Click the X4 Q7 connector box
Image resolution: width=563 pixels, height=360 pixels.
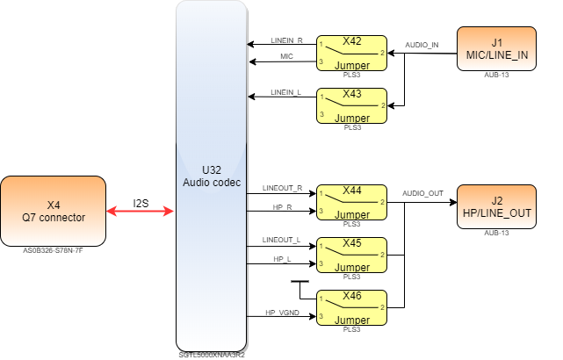(x=53, y=211)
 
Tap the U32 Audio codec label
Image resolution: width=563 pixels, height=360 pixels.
(x=211, y=176)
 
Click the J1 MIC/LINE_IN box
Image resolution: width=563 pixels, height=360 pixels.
(x=497, y=48)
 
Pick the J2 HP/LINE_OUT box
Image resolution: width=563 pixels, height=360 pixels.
(x=497, y=206)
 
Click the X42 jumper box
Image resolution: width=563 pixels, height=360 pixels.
(x=351, y=54)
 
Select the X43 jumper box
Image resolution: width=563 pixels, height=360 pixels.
(x=351, y=105)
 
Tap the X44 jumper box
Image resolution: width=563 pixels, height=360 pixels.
(x=351, y=202)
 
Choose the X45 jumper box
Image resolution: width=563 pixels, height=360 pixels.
(x=351, y=255)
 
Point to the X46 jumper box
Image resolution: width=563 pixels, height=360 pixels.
(x=351, y=306)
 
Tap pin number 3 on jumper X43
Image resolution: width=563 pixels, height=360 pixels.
(x=321, y=114)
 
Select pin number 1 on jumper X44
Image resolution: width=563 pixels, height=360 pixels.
(x=321, y=193)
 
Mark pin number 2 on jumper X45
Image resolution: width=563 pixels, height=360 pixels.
(x=382, y=254)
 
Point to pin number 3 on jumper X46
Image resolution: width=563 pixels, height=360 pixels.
(x=321, y=315)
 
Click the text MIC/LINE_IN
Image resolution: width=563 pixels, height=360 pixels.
(x=497, y=54)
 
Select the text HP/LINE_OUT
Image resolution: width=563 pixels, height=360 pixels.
(x=497, y=212)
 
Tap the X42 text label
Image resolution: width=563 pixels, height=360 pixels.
(x=352, y=41)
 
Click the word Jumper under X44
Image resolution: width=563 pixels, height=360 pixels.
(x=352, y=214)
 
